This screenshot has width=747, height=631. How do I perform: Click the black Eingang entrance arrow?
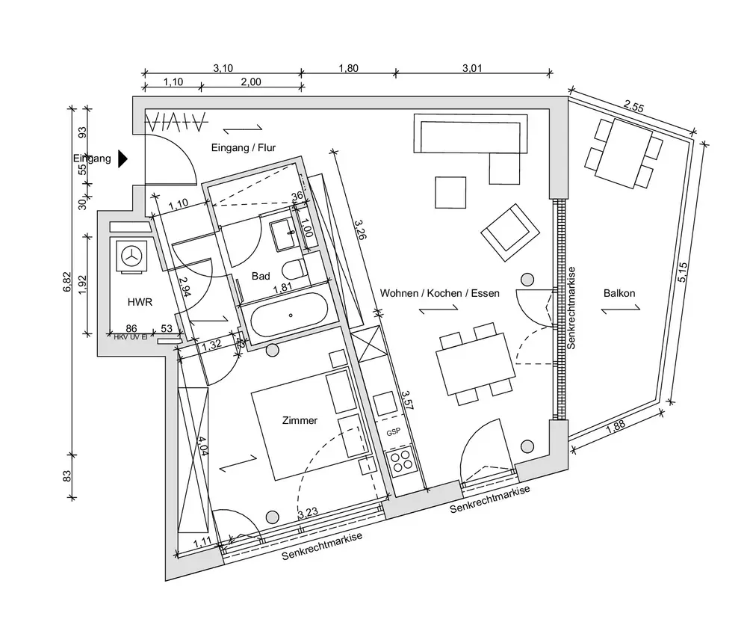pyautogui.click(x=123, y=158)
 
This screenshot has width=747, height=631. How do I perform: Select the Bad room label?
pyautogui.click(x=261, y=277)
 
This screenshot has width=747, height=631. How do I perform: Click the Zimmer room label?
pyautogui.click(x=300, y=421)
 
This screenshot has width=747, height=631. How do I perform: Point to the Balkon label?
pyautogui.click(x=619, y=293)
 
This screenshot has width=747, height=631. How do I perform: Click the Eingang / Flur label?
pyautogui.click(x=244, y=148)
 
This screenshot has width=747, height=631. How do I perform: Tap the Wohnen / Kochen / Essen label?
pyautogui.click(x=439, y=293)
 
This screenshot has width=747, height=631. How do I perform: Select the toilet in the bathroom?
pyautogui.click(x=294, y=271)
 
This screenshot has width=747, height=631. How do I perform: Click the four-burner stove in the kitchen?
pyautogui.click(x=400, y=459)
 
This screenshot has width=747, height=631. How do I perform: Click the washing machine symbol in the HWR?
pyautogui.click(x=132, y=256)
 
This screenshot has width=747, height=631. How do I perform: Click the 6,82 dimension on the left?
pyautogui.click(x=67, y=280)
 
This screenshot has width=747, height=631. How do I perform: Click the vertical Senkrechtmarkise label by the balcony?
pyautogui.click(x=571, y=308)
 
